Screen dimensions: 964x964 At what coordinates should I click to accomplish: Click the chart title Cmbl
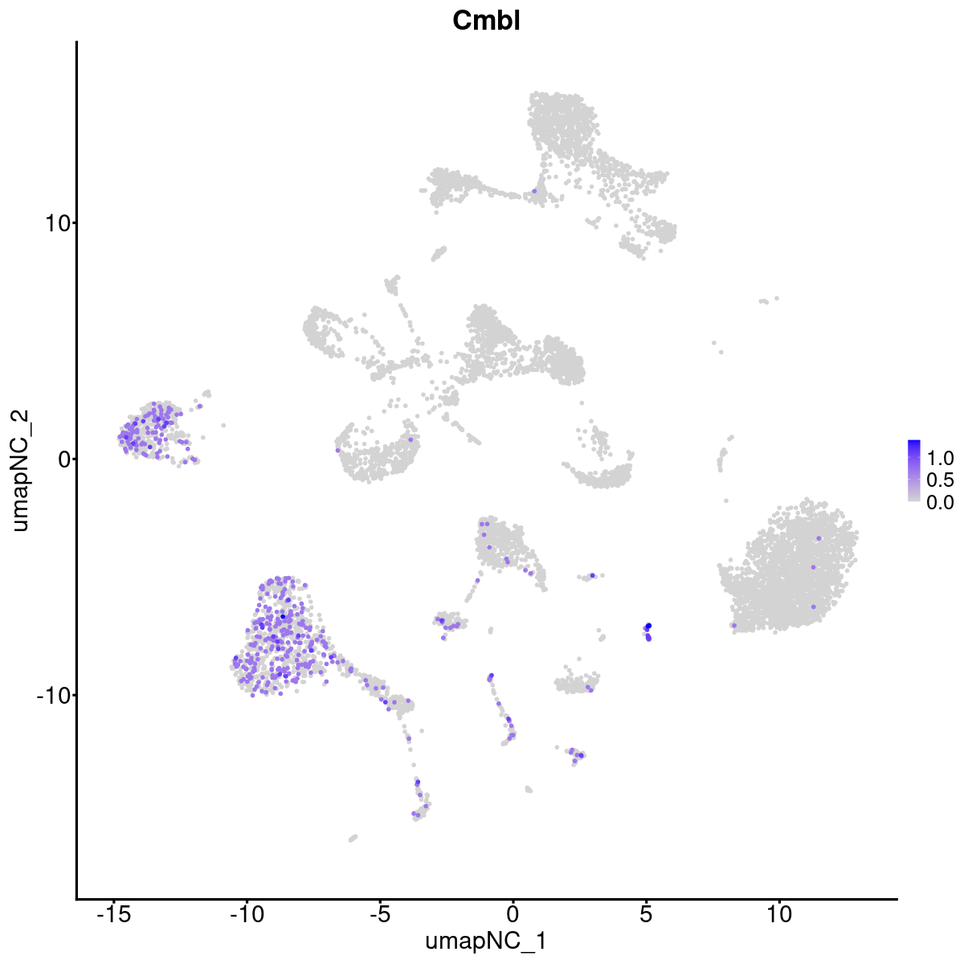tap(487, 21)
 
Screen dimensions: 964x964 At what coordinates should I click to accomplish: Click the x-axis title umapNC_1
tap(487, 941)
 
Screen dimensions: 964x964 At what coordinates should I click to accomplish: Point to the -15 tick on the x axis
tap(114, 915)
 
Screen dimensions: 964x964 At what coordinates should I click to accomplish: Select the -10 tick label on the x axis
tap(247, 915)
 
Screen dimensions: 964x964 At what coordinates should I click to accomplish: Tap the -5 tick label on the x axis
tap(380, 915)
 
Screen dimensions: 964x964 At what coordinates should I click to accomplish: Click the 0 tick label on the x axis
tap(513, 915)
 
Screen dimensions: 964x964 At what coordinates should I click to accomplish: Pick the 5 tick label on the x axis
tap(646, 915)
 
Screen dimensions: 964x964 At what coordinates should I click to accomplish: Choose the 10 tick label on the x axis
tap(778, 915)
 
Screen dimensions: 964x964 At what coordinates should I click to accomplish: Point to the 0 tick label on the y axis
tap(61, 459)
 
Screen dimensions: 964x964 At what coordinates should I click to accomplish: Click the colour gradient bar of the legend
tap(914, 471)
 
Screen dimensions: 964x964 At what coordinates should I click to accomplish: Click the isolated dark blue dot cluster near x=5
tap(647, 631)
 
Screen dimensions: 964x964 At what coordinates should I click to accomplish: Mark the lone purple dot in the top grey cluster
tap(534, 191)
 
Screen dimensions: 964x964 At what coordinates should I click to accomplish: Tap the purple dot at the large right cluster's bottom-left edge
tap(734, 625)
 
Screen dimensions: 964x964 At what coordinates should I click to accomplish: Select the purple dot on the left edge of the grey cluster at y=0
tap(337, 450)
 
